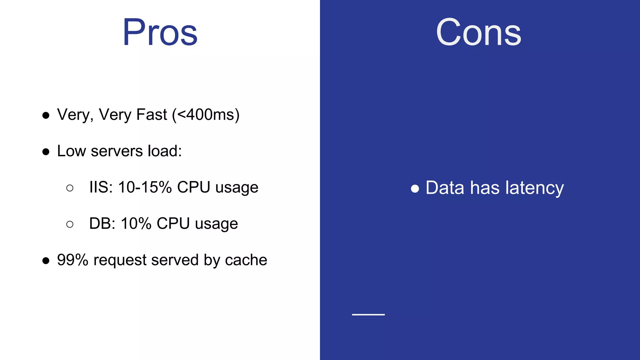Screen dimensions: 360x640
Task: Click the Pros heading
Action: [x=160, y=32]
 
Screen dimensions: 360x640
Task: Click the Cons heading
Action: [x=478, y=32]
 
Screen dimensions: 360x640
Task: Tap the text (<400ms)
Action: [x=206, y=115]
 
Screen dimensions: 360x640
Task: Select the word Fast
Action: [x=152, y=114]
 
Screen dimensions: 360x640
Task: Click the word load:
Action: [x=165, y=151]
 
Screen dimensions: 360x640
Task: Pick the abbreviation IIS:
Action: [x=101, y=187]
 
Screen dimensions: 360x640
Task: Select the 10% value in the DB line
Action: [x=136, y=223]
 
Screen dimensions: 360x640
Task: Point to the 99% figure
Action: [x=72, y=260]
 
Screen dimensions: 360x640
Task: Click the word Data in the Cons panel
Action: [x=445, y=188]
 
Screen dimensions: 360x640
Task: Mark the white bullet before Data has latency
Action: [x=415, y=189]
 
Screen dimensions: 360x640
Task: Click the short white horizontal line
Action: [x=368, y=314]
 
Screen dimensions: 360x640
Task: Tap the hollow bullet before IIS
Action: [x=70, y=188]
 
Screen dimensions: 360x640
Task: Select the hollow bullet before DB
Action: [x=70, y=224]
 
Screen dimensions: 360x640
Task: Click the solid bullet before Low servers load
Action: [x=46, y=152]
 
